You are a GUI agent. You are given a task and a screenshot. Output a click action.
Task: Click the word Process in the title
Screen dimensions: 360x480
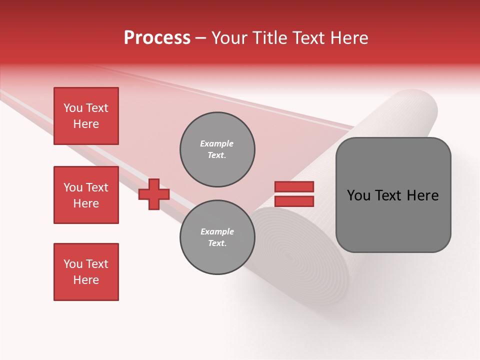click(x=157, y=38)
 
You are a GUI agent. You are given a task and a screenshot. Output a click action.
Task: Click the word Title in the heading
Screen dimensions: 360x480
click(x=270, y=38)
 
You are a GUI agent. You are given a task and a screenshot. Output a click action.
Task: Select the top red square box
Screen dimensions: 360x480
click(x=86, y=116)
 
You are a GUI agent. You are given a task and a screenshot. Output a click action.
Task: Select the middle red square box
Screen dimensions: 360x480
click(x=86, y=195)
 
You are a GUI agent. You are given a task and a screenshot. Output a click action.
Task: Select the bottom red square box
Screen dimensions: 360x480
click(x=86, y=272)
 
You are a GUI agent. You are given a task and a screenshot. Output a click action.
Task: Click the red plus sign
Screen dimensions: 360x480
click(x=154, y=194)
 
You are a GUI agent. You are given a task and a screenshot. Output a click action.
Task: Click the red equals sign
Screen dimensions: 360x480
click(x=294, y=194)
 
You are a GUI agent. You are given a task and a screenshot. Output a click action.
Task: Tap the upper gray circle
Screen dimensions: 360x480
click(x=217, y=149)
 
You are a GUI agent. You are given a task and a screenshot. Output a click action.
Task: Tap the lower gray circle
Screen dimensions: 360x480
click(x=217, y=237)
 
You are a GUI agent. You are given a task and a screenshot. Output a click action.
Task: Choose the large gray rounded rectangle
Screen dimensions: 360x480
click(x=393, y=195)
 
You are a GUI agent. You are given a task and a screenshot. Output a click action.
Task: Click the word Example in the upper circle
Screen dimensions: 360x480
click(x=216, y=143)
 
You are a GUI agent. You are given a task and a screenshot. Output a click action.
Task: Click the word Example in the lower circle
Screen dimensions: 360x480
click(x=217, y=231)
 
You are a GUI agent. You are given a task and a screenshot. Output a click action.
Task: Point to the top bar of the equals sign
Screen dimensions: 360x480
click(x=294, y=187)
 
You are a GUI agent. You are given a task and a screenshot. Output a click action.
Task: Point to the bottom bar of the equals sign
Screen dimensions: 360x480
click(x=294, y=201)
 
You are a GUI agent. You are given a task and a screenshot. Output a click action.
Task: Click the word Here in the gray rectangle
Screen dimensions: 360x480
click(x=422, y=195)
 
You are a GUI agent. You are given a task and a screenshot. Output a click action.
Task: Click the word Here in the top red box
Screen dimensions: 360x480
click(x=86, y=124)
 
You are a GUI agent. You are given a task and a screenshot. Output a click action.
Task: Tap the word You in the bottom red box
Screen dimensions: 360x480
click(x=73, y=264)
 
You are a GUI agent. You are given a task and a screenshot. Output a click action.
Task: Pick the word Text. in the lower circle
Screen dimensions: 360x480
click(x=217, y=243)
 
